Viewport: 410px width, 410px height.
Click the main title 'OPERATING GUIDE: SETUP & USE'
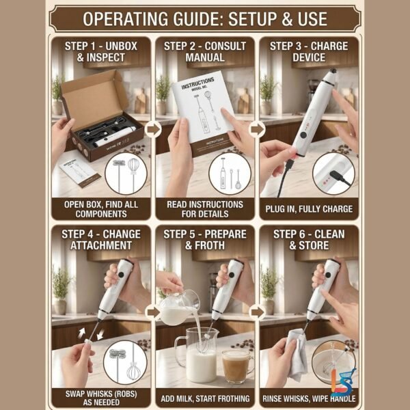(x=204, y=16)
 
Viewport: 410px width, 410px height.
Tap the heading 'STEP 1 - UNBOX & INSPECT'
(x=100, y=52)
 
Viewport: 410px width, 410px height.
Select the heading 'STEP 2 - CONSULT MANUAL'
(x=205, y=52)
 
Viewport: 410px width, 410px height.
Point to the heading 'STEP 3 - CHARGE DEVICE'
(x=309, y=52)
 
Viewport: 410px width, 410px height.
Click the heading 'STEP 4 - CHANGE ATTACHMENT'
(x=100, y=240)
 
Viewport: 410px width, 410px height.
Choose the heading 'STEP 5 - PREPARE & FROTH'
(x=205, y=240)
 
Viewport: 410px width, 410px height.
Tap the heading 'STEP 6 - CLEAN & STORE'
(x=309, y=240)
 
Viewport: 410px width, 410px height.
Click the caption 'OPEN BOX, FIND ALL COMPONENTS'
(x=100, y=208)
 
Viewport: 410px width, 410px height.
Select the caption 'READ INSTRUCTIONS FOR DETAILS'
(x=205, y=208)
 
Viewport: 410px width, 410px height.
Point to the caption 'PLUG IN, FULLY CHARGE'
(x=309, y=209)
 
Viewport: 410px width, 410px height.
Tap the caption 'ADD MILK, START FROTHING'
(x=205, y=398)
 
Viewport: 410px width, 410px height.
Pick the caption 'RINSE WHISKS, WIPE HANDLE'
(x=309, y=398)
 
